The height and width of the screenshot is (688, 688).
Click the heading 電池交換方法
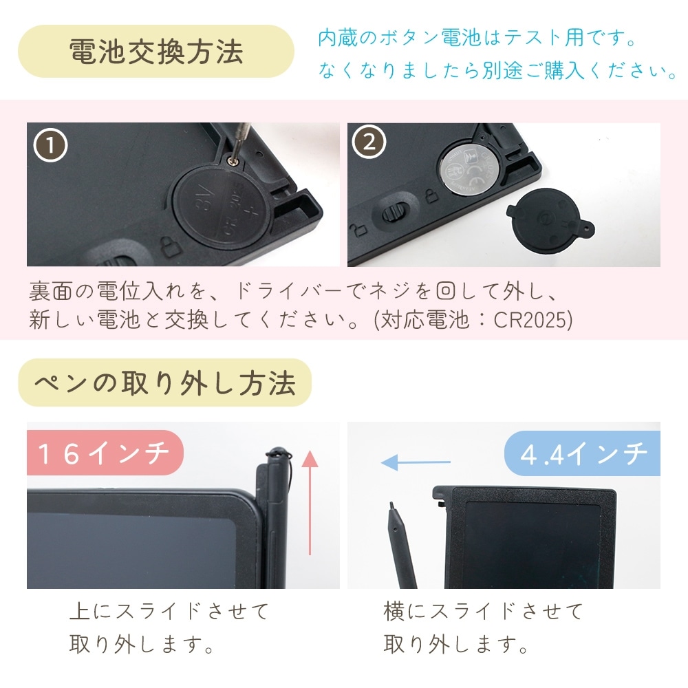click(x=156, y=52)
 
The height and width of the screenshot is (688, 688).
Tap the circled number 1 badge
click(x=50, y=145)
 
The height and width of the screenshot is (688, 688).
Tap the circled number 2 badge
click(x=369, y=142)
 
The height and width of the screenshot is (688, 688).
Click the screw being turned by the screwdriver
click(x=232, y=161)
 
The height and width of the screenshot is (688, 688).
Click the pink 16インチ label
click(x=105, y=453)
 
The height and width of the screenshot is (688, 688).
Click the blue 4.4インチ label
click(x=583, y=453)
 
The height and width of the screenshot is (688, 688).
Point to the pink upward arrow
click(x=310, y=502)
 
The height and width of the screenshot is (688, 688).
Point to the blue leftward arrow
click(x=416, y=462)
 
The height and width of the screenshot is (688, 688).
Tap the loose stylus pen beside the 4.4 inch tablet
click(x=402, y=546)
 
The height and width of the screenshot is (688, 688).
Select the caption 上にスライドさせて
click(x=169, y=611)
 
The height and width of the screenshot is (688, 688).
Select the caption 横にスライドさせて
click(x=483, y=611)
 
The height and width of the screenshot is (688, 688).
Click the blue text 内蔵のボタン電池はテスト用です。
click(x=477, y=38)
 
